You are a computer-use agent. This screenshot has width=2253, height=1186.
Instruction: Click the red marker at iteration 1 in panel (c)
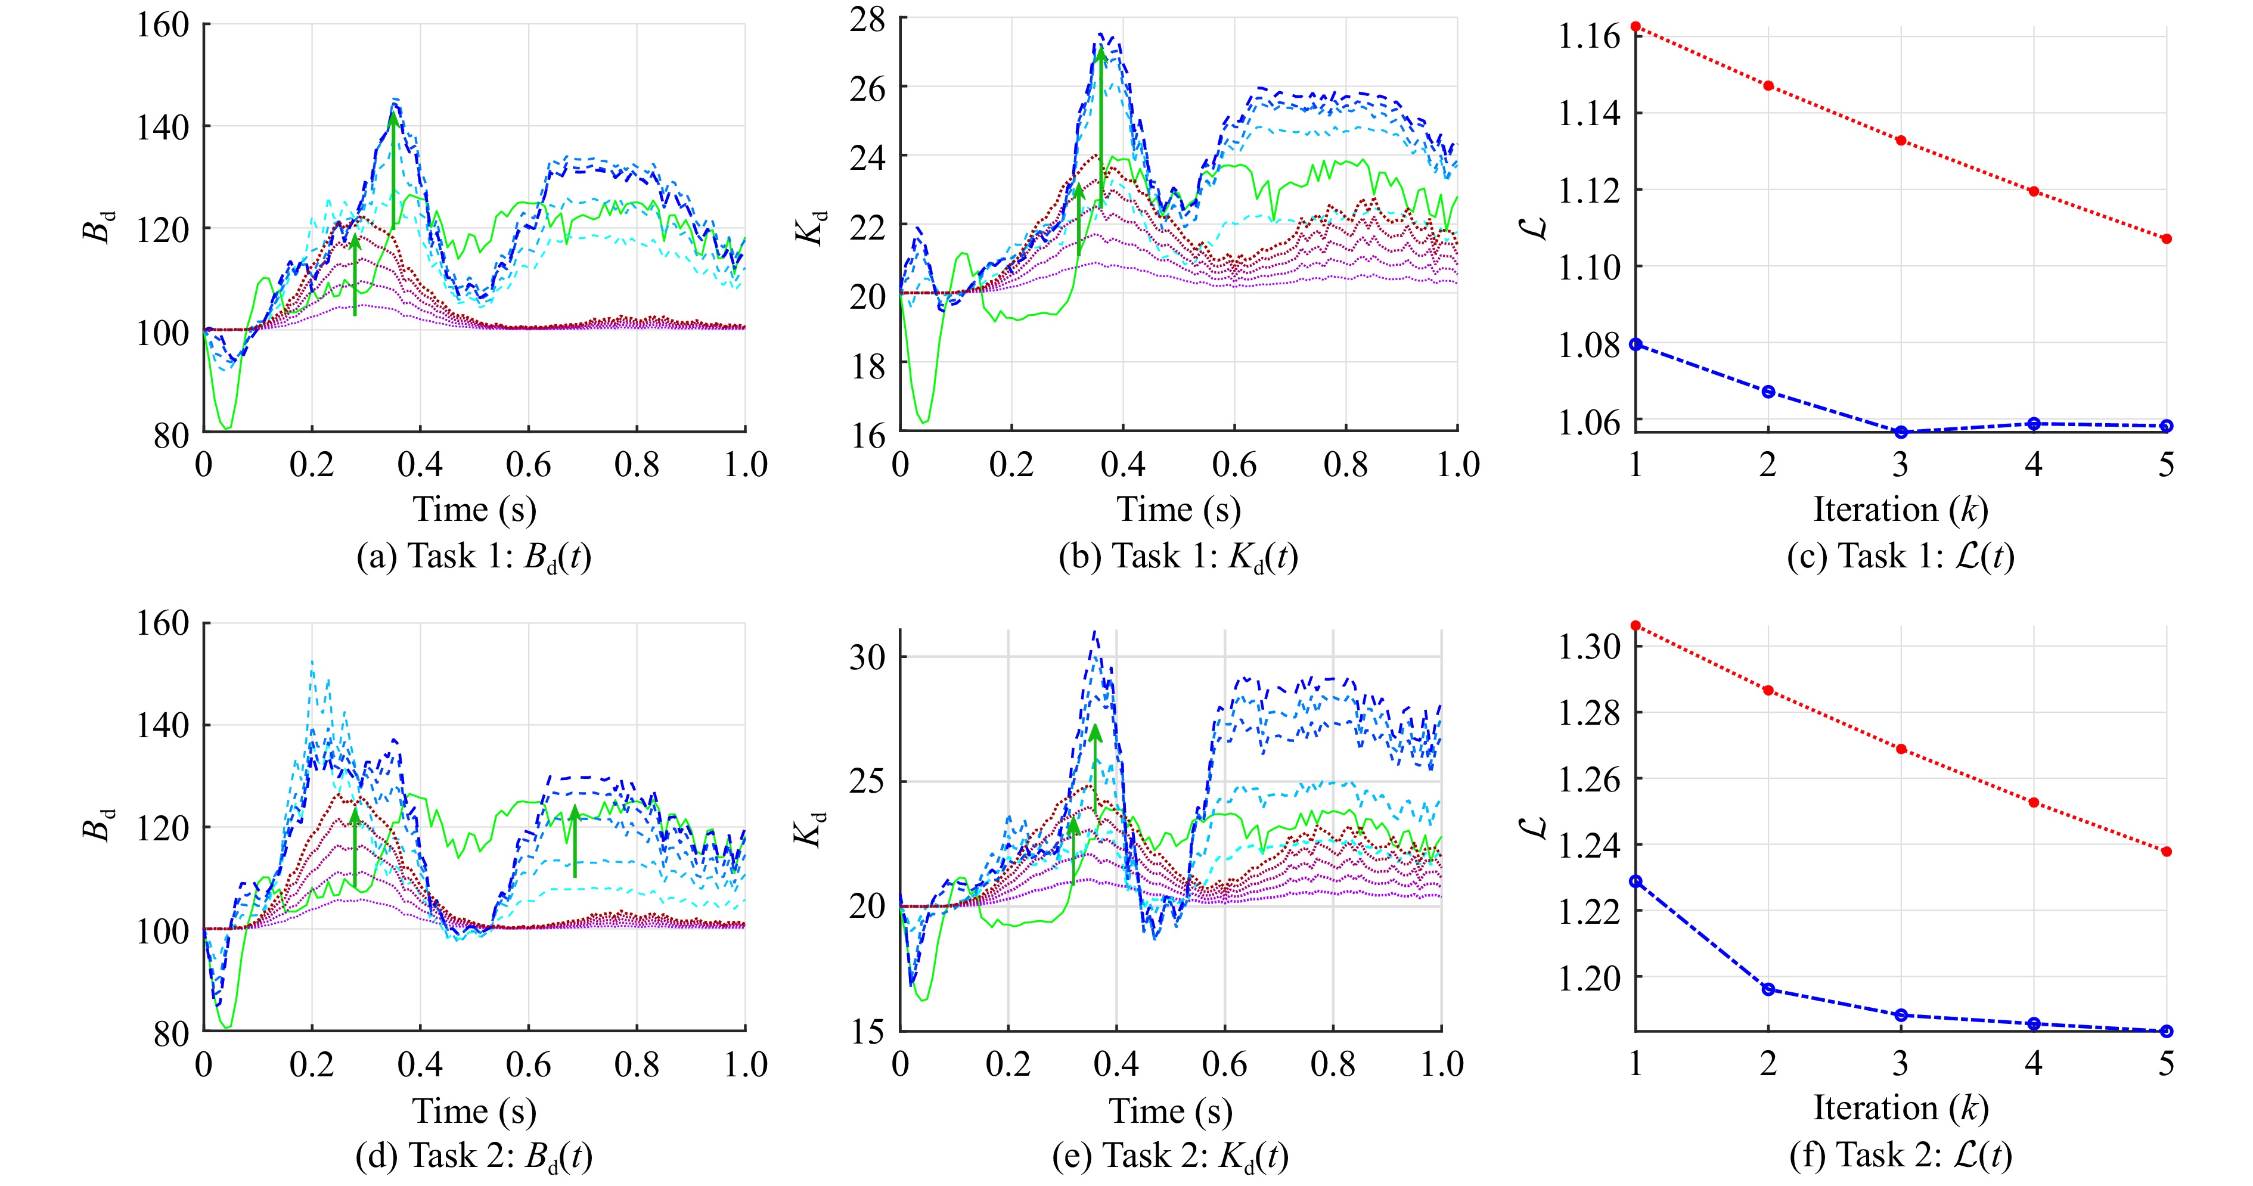coord(1636,27)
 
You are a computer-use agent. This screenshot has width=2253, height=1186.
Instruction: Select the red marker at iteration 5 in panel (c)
coord(2167,239)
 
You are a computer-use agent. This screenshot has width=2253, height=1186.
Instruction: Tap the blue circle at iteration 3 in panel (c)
coord(1901,432)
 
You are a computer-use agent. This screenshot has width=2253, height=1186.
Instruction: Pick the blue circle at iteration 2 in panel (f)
coord(1768,989)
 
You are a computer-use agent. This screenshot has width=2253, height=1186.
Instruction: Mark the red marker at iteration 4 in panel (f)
coord(2034,802)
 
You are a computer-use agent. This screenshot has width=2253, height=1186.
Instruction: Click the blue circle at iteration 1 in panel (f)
coord(1636,881)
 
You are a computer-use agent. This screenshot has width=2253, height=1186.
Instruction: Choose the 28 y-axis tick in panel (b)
coord(867,19)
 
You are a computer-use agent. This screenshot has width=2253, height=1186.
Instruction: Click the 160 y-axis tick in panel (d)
coord(163,623)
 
